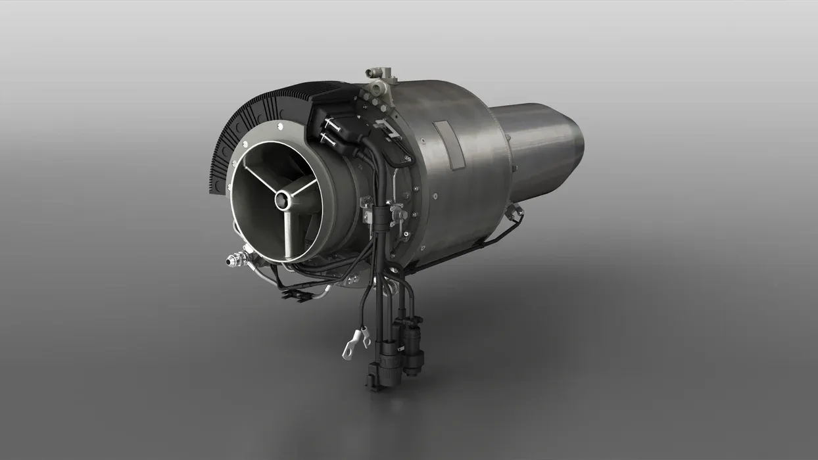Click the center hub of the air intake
tap(283, 200)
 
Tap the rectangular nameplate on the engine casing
tap(449, 144)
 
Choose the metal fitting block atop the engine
tap(380, 81)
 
